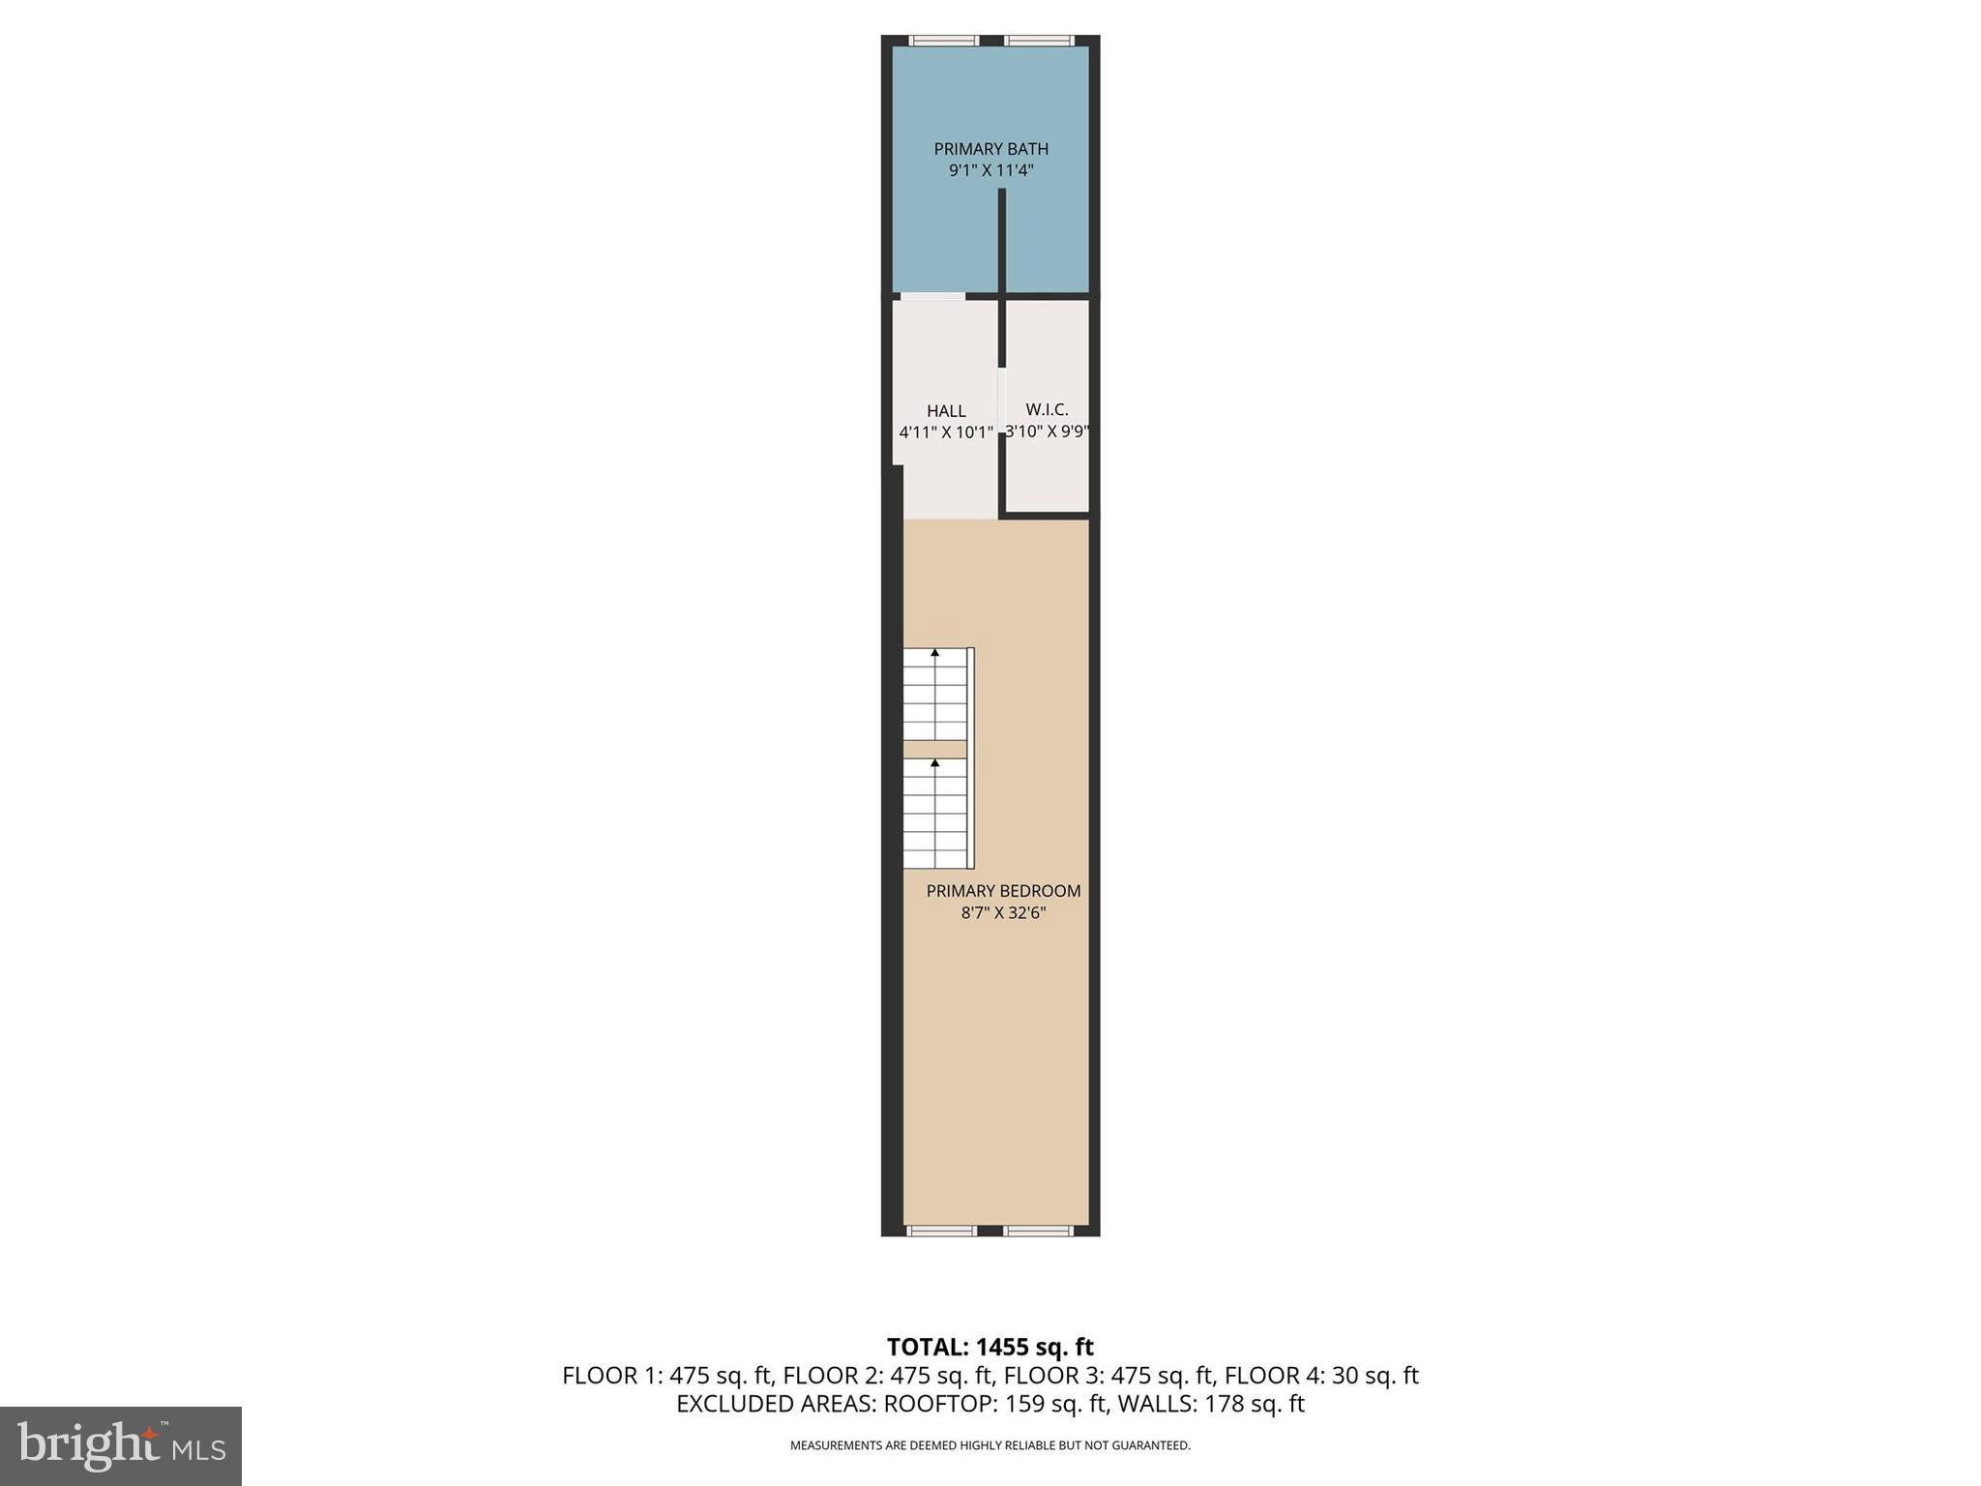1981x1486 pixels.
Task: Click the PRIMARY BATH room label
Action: [x=990, y=149]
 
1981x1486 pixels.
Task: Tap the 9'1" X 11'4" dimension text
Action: [x=990, y=171]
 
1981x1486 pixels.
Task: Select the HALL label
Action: [x=946, y=411]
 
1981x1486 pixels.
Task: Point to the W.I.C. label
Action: [x=1047, y=410]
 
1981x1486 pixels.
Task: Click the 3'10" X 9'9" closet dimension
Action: [x=1047, y=431]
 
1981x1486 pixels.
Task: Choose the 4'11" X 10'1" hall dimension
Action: [x=946, y=432]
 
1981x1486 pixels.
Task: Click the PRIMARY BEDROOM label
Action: [x=1003, y=891]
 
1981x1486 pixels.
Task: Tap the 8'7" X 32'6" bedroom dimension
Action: [x=1003, y=912]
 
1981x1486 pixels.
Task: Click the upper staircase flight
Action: [x=935, y=694]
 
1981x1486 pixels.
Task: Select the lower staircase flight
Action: [x=935, y=813]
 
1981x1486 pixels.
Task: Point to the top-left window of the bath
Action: [x=943, y=41]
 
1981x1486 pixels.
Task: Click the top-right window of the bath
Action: [x=1038, y=41]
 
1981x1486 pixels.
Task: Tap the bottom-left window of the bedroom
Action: [x=941, y=1231]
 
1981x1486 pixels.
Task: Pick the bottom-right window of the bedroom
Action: [x=1038, y=1231]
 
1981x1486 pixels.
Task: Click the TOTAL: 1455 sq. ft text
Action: [x=990, y=1347]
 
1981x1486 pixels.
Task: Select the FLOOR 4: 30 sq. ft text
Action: [x=1321, y=1375]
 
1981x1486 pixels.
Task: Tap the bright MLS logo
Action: [x=120, y=1445]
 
